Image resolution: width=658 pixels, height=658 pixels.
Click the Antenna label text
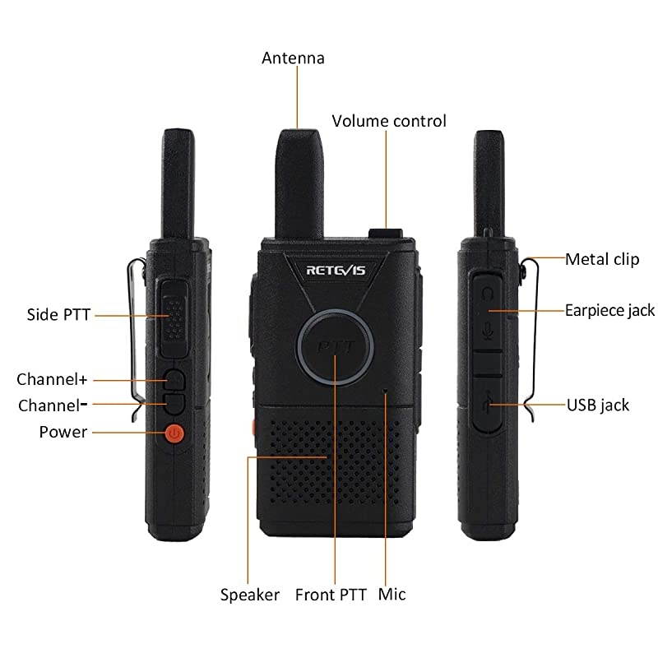[293, 58]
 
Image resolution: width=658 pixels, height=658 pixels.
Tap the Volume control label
[389, 121]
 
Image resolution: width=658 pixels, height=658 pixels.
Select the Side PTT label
[58, 315]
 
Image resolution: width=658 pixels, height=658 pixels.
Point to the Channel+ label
[52, 379]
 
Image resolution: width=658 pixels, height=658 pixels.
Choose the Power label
[63, 432]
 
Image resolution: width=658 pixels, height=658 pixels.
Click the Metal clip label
[602, 259]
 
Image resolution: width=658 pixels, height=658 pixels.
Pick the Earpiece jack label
[609, 310]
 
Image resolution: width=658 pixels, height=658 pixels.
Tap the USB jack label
[598, 405]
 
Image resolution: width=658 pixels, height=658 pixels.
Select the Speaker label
[250, 595]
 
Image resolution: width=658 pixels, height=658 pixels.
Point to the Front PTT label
[331, 595]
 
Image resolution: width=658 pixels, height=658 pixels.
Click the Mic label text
[392, 595]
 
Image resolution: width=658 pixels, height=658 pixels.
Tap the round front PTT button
[335, 346]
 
